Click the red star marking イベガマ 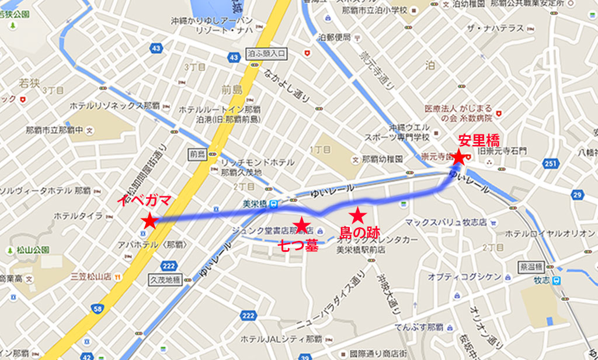[x=150, y=221]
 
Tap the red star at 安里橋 [x=459, y=157]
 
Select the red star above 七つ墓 [x=301, y=225]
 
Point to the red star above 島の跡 [x=357, y=215]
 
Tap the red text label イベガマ [x=144, y=200]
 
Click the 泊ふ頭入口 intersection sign [x=266, y=53]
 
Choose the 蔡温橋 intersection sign [x=529, y=266]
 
